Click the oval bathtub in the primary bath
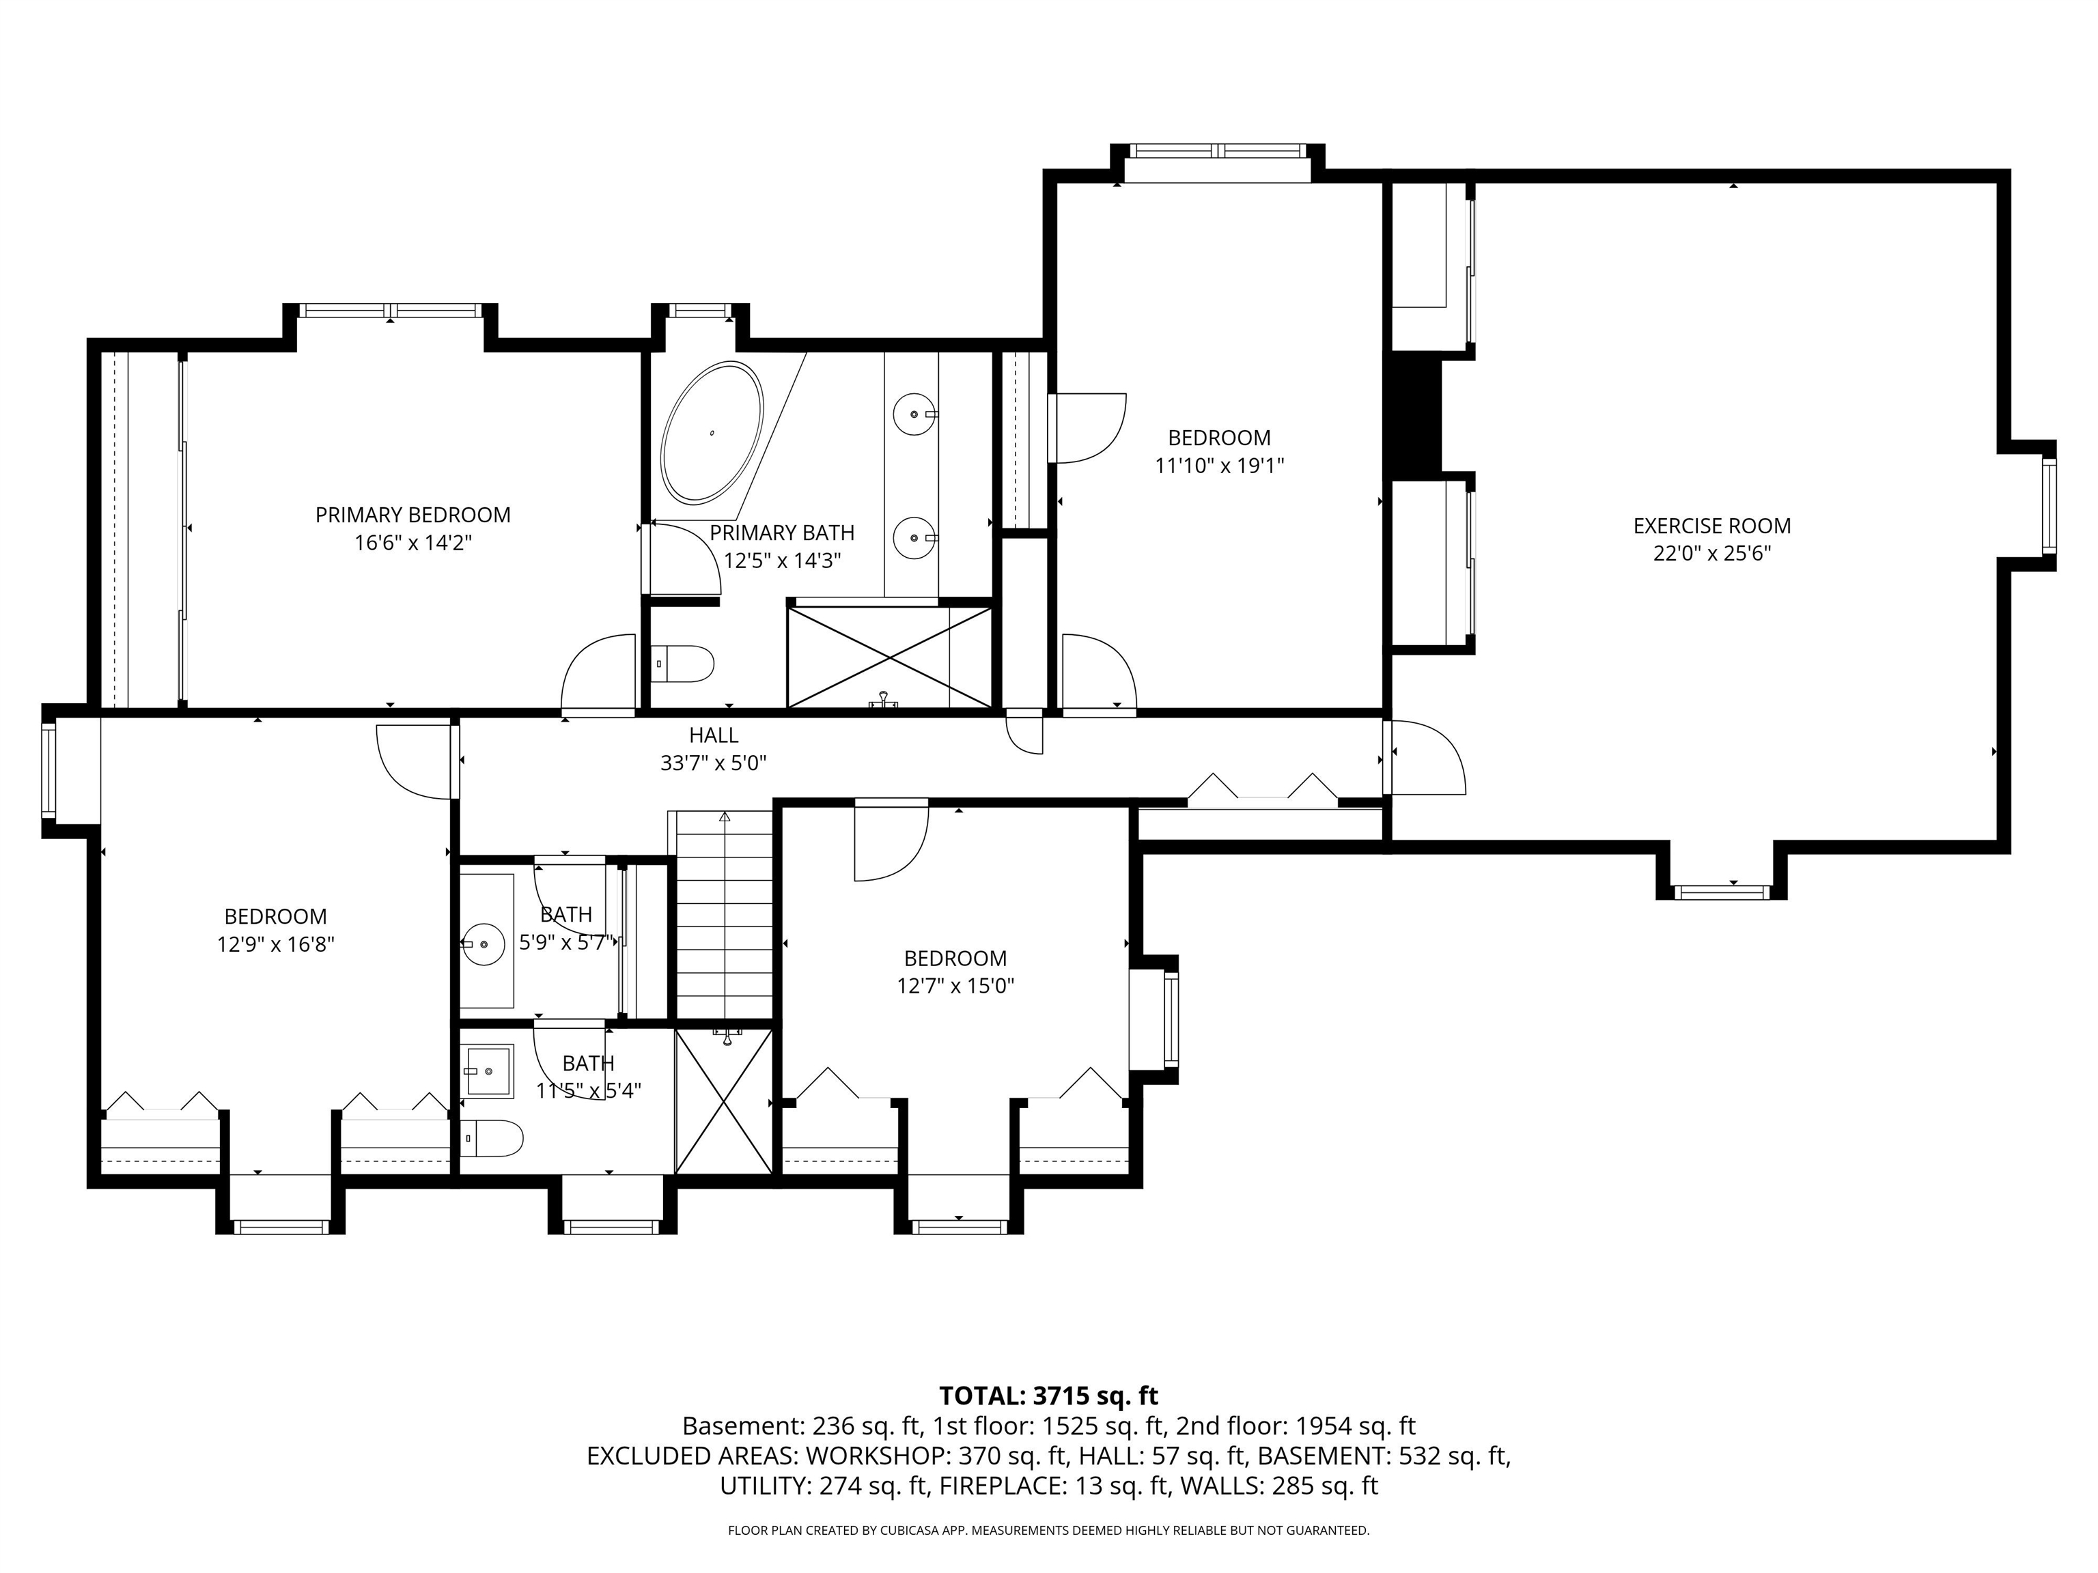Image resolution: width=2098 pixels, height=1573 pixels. tap(712, 431)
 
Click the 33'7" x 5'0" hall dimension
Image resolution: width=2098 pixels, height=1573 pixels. tap(713, 763)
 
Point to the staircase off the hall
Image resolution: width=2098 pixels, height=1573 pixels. tap(725, 915)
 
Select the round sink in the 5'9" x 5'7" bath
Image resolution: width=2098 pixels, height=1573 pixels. tap(486, 944)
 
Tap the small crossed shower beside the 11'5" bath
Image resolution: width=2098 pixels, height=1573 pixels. tap(724, 1102)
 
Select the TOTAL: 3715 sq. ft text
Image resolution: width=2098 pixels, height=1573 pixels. tap(1048, 1395)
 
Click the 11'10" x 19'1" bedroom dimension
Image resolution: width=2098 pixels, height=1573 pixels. tap(1219, 466)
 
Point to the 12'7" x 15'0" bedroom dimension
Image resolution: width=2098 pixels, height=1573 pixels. tap(955, 986)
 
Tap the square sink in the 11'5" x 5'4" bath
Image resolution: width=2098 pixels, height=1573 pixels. tap(488, 1071)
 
